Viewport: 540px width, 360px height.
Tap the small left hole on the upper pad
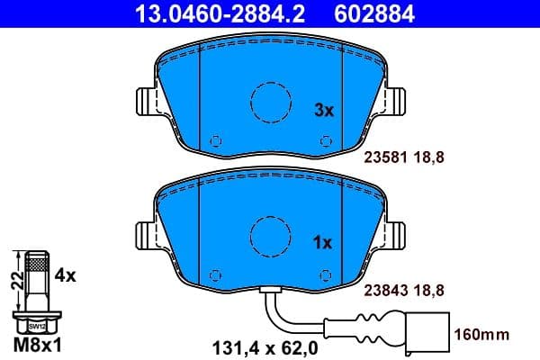point(215,140)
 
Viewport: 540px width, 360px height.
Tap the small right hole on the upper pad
point(324,140)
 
